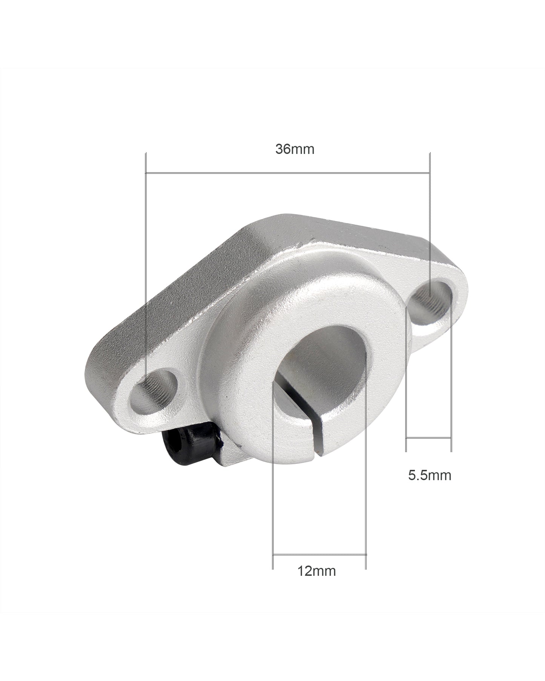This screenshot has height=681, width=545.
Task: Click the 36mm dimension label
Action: pos(295,149)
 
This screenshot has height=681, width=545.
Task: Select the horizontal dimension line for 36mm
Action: pos(287,173)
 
